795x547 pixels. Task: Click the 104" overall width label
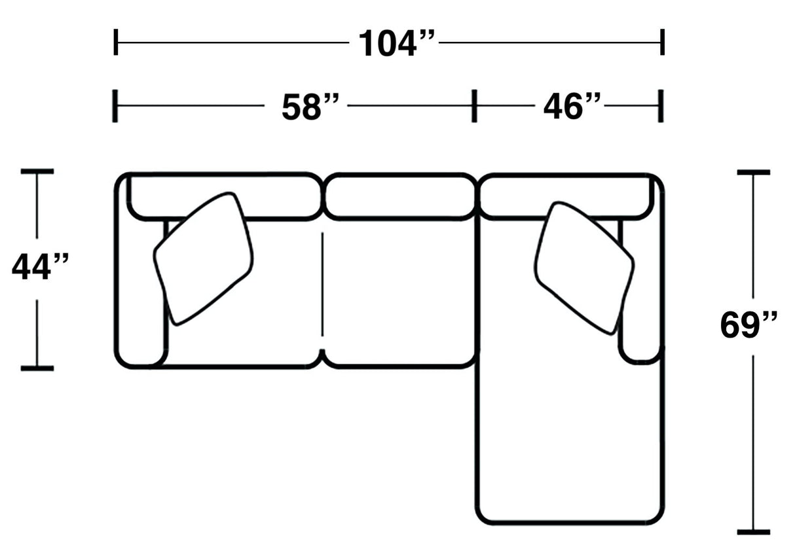point(396,43)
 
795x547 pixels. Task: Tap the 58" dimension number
point(310,106)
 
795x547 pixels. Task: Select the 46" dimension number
point(571,105)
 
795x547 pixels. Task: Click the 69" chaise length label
point(749,324)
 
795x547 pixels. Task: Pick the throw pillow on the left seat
point(204,258)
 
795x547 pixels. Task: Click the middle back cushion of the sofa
point(399,196)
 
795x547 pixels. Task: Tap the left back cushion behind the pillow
point(275,196)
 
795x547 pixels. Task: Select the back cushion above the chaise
point(517,196)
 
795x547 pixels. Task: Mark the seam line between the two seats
point(322,285)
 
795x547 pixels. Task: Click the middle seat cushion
point(398,291)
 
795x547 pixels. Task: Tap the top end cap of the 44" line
point(37,171)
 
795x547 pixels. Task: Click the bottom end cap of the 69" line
point(753,532)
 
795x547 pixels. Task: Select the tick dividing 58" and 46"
point(474,106)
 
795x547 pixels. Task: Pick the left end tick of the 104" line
point(116,43)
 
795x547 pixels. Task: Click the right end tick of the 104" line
point(663,43)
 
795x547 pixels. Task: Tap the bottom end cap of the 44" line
point(37,368)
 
